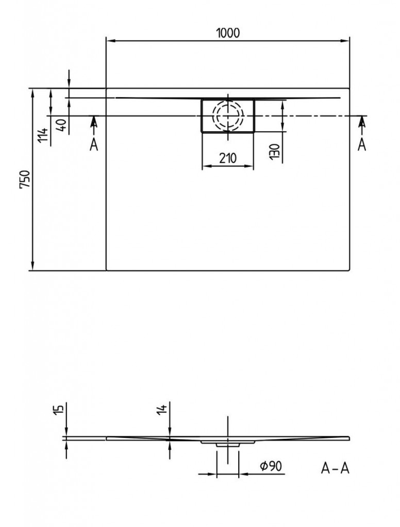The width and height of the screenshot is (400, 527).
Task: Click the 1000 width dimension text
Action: [228, 33]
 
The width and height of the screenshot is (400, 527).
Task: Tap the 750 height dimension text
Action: [25, 180]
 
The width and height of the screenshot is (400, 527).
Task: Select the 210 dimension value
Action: [228, 158]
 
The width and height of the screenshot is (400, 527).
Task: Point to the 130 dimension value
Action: [275, 152]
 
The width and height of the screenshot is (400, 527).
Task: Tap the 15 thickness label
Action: [59, 409]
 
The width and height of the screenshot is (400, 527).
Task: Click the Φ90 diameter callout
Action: [271, 466]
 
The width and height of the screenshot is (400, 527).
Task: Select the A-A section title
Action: [335, 468]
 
